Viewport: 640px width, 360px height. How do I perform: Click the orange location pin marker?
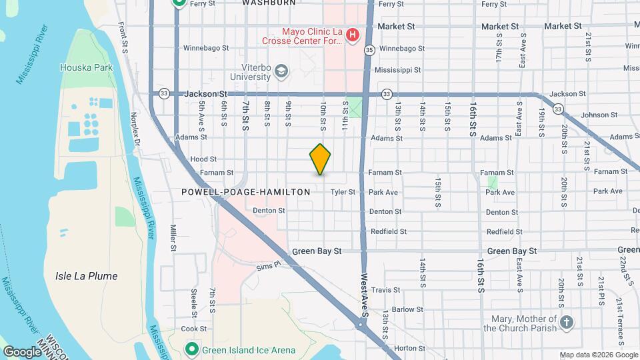coord(321,159)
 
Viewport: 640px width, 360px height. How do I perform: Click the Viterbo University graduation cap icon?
coord(281,71)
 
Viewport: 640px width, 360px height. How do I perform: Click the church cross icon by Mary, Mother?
coord(567,323)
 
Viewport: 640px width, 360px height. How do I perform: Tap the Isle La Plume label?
coord(86,276)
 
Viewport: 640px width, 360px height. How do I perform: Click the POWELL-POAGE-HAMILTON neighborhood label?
coord(246,192)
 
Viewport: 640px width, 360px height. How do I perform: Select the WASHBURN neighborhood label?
coord(268,3)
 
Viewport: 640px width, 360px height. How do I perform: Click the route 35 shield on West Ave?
coord(369,49)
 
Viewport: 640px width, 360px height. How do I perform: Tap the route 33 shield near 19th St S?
coord(559,109)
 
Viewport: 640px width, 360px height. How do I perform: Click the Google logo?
coord(21,352)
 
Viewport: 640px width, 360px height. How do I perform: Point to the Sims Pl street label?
coord(270,267)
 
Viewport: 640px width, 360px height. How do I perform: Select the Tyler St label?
coord(343,192)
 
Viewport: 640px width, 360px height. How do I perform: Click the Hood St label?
coord(203,159)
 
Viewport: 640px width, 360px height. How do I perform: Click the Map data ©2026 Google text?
coord(598,355)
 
